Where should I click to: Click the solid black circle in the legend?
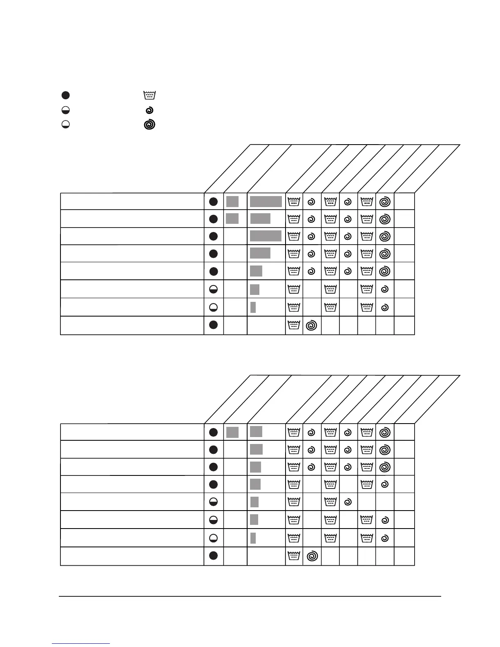[x=65, y=95]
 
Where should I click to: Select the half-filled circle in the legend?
[x=65, y=110]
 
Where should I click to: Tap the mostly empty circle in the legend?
[x=65, y=125]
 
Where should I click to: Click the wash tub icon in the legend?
[x=150, y=95]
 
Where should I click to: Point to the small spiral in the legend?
[x=150, y=110]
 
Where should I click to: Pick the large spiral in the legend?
[x=150, y=125]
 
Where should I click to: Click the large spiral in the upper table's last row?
[x=311, y=325]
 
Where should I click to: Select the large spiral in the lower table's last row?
[x=312, y=556]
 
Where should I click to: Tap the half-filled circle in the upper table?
[x=213, y=289]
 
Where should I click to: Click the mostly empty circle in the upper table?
[x=213, y=307]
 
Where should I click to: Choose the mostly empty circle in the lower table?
[x=213, y=538]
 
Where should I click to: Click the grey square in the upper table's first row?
[x=232, y=201]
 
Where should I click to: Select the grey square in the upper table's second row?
[x=232, y=219]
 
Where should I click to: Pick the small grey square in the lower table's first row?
[x=232, y=432]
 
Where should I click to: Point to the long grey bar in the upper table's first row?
[x=266, y=201]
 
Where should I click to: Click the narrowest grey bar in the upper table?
[x=253, y=307]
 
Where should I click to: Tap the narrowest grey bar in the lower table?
[x=253, y=538]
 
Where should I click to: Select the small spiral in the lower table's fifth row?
[x=348, y=502]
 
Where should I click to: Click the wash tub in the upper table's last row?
[x=294, y=325]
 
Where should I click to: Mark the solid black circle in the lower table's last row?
[x=213, y=556]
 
